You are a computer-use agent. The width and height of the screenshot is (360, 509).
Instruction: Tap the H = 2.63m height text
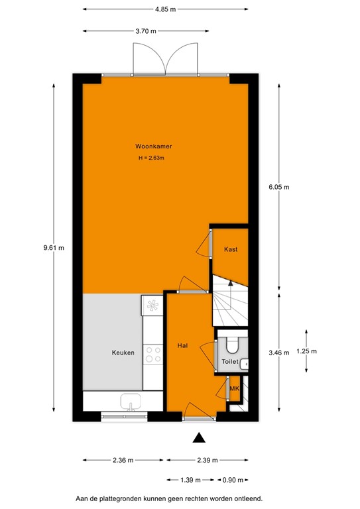(x=150, y=158)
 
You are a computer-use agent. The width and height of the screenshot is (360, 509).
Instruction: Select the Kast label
(x=231, y=249)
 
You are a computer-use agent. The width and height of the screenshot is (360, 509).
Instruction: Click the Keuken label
(x=123, y=353)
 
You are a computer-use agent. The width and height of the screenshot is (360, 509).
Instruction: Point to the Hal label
(x=182, y=346)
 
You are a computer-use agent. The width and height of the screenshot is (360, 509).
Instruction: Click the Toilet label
(x=229, y=363)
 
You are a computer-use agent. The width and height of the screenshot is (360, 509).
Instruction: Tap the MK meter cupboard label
(x=233, y=388)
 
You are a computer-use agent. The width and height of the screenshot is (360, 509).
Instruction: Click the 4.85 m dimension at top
(x=165, y=10)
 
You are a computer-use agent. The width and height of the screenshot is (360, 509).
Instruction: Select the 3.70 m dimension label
(x=145, y=31)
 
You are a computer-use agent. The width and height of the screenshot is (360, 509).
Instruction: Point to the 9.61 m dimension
(x=53, y=248)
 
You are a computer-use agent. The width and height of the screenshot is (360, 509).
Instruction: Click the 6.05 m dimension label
(x=279, y=187)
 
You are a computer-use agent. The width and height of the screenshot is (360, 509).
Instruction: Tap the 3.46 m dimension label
(x=279, y=353)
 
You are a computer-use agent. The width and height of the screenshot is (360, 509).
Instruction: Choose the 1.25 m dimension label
(x=306, y=351)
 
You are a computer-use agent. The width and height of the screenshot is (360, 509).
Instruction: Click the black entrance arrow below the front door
(x=198, y=437)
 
